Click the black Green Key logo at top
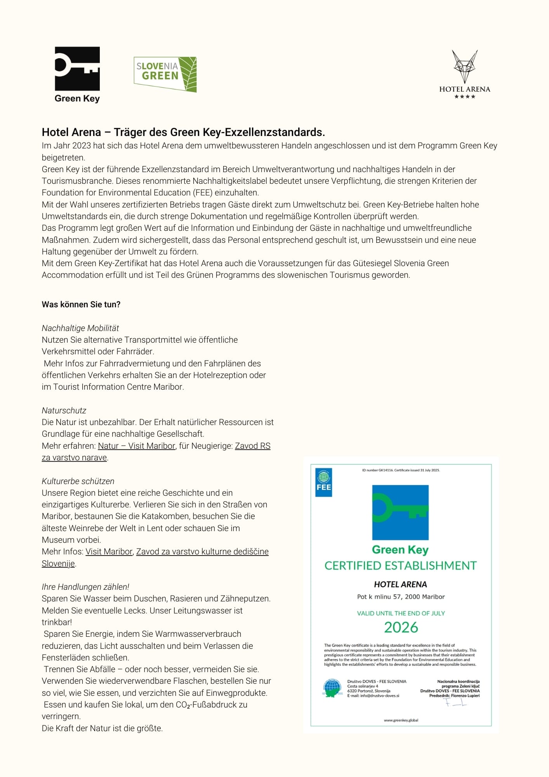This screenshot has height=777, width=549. coord(77,69)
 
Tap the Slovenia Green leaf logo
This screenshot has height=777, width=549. coord(165,74)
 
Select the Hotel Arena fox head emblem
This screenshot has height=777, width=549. coord(464,66)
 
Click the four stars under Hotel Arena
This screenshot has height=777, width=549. coord(465,97)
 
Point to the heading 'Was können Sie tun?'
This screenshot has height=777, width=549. coord(81,305)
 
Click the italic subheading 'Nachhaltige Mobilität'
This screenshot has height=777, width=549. coord(80,328)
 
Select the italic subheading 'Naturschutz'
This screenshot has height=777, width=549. coord(64,410)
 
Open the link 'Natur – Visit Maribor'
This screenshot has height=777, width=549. coord(137,446)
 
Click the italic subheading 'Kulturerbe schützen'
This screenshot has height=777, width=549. coord(78,481)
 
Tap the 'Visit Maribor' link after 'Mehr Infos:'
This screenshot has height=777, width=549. coord(109,551)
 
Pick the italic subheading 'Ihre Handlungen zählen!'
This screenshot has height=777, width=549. coord(85,587)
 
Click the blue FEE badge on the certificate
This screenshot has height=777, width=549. coord(324,482)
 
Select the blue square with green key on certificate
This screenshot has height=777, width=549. coord(400,512)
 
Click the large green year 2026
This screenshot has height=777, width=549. coord(401,627)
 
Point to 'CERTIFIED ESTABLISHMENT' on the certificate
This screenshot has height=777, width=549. coord(400,566)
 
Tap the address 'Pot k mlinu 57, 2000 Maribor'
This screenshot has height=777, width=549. coord(401,597)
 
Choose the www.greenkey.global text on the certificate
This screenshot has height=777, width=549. coord(401,720)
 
